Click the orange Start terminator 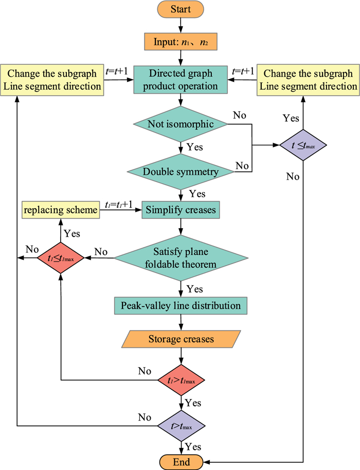coord(181,9)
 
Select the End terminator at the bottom coord(181,460)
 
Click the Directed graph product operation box coord(181,79)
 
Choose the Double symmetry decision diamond coord(181,171)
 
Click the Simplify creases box coord(181,210)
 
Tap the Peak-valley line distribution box coord(181,306)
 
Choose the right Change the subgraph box coord(308,79)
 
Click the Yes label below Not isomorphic coord(195,147)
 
